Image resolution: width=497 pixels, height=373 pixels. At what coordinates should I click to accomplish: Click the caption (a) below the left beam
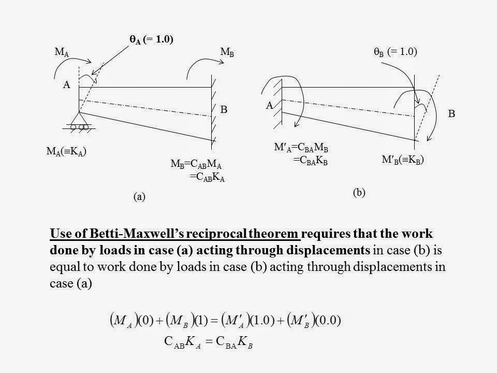pos(139,196)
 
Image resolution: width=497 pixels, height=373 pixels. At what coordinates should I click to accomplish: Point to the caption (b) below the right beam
pos(359,192)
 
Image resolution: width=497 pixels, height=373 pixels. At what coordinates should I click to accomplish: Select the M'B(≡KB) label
pos(403,160)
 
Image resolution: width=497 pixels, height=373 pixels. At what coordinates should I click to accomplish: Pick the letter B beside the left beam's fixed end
pos(224,110)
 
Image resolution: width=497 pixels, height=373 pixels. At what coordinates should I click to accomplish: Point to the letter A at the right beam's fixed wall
pos(270,106)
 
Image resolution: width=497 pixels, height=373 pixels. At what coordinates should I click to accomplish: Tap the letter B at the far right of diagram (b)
pos(451,113)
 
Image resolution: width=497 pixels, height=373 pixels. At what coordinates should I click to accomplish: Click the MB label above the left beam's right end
pos(227,53)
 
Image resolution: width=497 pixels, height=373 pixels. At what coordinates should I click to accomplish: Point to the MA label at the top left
pos(61,53)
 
